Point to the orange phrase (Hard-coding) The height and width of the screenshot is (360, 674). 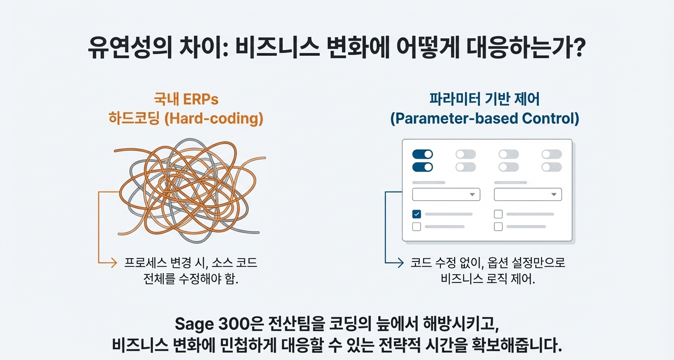pyautogui.click(x=214, y=119)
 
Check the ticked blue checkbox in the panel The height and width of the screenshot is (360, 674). pyautogui.click(x=416, y=214)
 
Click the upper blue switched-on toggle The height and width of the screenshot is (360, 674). pyautogui.click(x=422, y=154)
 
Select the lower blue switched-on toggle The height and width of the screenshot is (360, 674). pyautogui.click(x=422, y=167)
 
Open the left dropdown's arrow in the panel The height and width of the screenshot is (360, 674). pyautogui.click(x=472, y=194)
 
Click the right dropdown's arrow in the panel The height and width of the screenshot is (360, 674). pyautogui.click(x=554, y=194)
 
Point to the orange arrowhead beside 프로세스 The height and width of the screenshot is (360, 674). pyautogui.click(x=114, y=263)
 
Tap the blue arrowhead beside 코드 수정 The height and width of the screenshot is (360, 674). pyautogui.click(x=400, y=263)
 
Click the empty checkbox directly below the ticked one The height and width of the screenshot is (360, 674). pyautogui.click(x=416, y=226)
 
